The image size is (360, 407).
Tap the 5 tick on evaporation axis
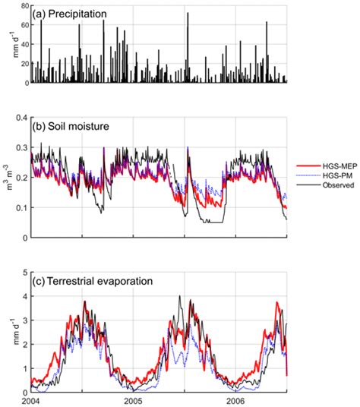(24, 271)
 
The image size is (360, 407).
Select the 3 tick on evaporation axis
(24, 320)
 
